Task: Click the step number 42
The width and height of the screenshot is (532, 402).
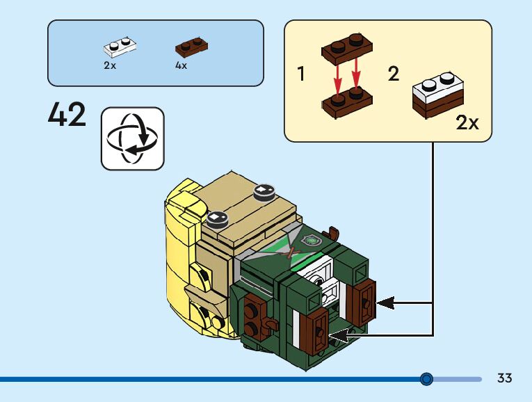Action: pos(67,115)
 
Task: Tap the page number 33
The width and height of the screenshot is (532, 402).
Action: pos(505,378)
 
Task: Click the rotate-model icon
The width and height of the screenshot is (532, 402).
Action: pos(132,138)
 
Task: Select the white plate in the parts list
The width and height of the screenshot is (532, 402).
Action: pos(120,47)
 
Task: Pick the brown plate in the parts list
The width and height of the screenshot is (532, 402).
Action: pos(192,48)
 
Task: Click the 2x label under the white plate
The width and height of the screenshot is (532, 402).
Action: pos(110,65)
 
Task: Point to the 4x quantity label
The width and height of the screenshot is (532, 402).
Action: pos(182,65)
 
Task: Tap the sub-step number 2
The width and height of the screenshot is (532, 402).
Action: pos(394,74)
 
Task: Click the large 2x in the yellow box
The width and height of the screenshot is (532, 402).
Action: pos(467,123)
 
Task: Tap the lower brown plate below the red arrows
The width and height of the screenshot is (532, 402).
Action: pos(347,103)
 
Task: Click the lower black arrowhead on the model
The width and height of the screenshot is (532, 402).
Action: pos(339,337)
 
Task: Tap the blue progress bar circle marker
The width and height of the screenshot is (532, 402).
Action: pos(427,379)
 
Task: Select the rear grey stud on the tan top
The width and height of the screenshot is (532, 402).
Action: pos(264,190)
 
